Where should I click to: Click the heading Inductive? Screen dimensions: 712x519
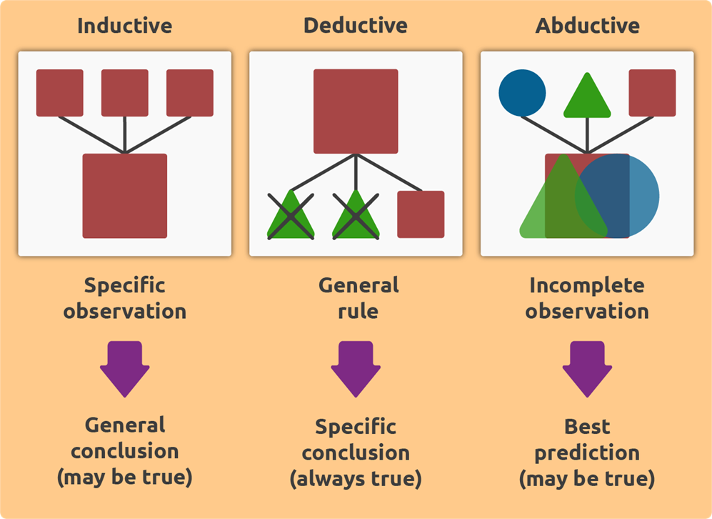pyautogui.click(x=124, y=26)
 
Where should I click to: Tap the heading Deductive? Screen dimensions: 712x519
pyautogui.click(x=355, y=26)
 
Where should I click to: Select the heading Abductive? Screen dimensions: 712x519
pyautogui.click(x=587, y=26)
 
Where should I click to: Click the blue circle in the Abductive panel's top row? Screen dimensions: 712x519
pyautogui.click(x=522, y=92)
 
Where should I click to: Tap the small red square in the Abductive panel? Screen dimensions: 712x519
pyautogui.click(x=652, y=92)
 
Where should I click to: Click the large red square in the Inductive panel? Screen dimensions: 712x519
pyautogui.click(x=124, y=195)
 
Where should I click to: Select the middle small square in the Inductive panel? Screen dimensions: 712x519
pyautogui.click(x=124, y=92)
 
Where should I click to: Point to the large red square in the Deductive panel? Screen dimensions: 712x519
pyautogui.click(x=355, y=111)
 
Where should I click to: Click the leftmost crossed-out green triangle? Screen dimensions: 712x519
pyautogui.click(x=291, y=216)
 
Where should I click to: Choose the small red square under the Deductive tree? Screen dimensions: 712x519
pyautogui.click(x=421, y=214)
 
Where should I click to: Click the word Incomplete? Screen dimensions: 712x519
pyautogui.click(x=587, y=286)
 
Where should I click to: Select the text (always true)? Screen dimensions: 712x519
pyautogui.click(x=355, y=478)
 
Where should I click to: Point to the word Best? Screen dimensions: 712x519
pyautogui.click(x=587, y=427)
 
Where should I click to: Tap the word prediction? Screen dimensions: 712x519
pyautogui.click(x=587, y=453)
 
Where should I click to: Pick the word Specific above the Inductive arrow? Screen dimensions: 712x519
pyautogui.click(x=124, y=286)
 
